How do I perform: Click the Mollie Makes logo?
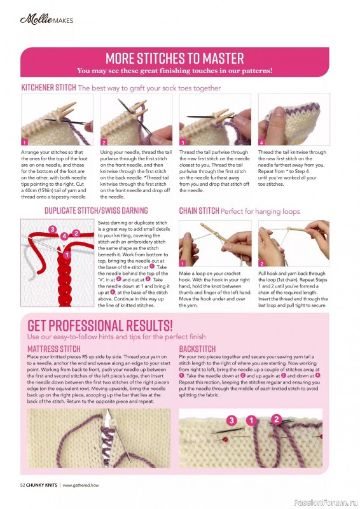pos(46,19)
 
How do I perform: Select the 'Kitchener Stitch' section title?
pos(48,87)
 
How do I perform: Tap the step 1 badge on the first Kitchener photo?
pos(25,143)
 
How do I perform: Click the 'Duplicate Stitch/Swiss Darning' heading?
pos(96,210)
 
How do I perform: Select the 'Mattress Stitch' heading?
pos(54,349)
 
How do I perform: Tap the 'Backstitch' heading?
pos(197,349)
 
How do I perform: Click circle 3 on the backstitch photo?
pos(231,421)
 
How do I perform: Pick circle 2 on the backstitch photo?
pos(276,419)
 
